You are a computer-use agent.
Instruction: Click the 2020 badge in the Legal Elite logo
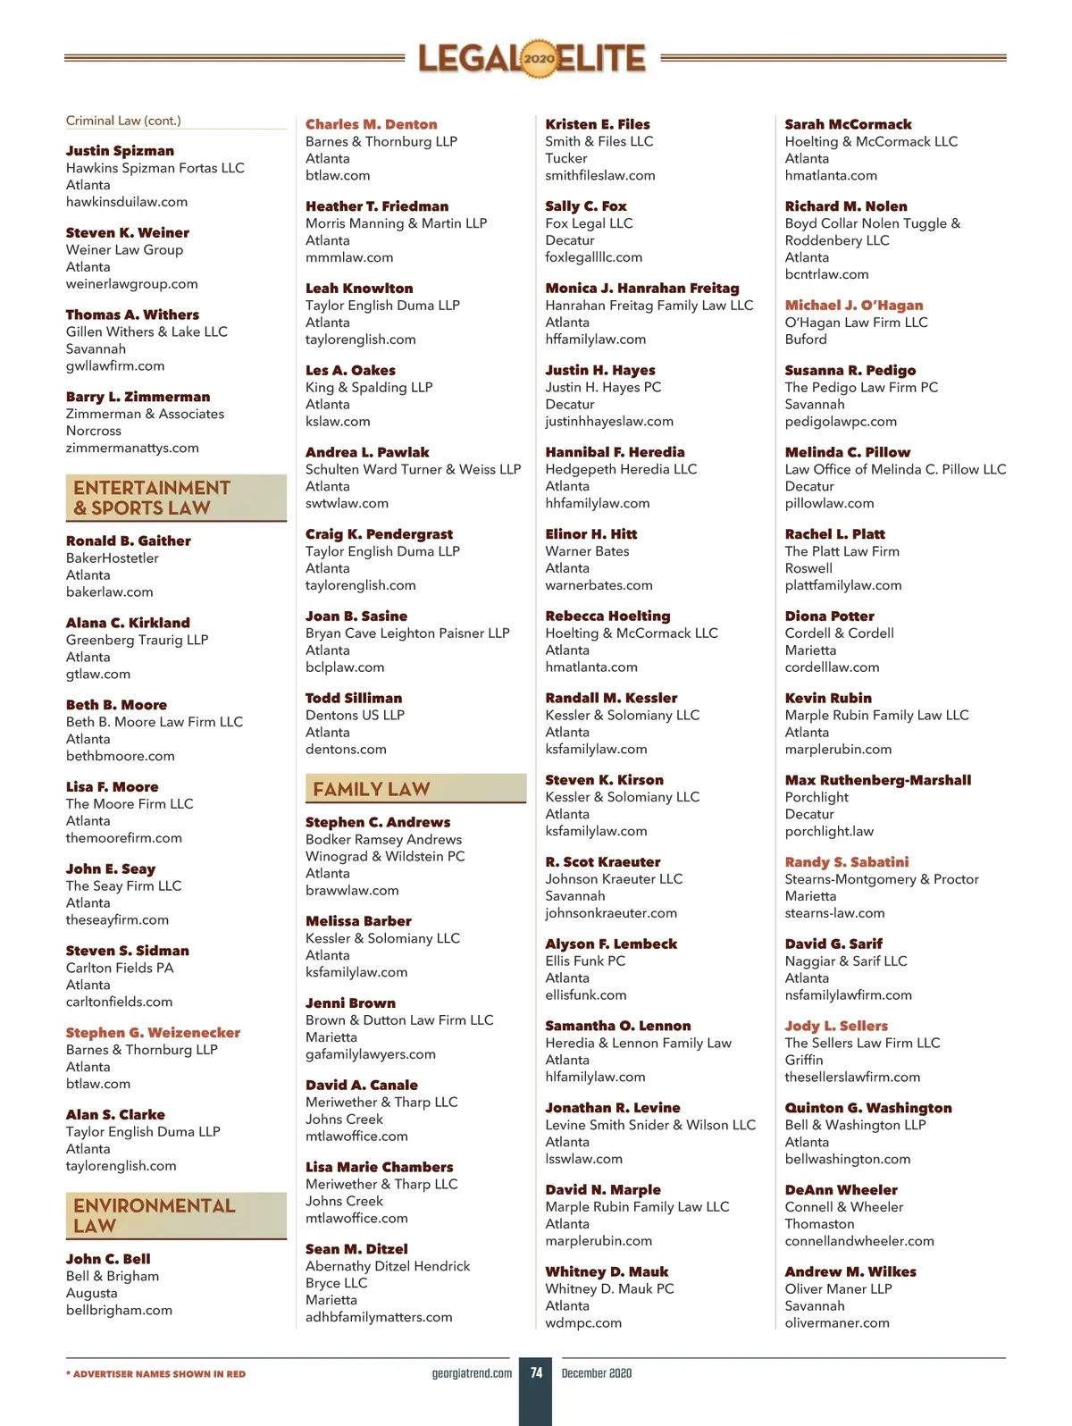point(539,59)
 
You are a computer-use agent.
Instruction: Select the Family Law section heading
point(372,789)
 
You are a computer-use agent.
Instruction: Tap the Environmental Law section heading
point(154,1215)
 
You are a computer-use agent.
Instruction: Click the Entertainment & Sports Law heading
point(152,498)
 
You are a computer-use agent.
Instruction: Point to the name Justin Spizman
point(120,151)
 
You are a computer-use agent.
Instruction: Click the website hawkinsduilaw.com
point(127,202)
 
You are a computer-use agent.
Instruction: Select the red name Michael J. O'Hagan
point(854,306)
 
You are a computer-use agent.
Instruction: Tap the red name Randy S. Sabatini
point(847,862)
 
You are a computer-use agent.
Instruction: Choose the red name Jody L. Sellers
point(836,1026)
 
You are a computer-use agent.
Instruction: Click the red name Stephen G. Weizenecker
point(153,1033)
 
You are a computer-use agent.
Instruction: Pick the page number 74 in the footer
point(536,1372)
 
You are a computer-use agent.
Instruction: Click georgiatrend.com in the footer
point(472,1373)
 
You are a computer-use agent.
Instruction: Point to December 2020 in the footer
point(597,1373)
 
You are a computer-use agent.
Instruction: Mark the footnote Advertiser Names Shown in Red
point(156,1374)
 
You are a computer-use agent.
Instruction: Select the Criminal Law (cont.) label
point(123,121)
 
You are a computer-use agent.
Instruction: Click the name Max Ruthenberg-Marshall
point(878,780)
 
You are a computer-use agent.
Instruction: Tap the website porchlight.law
point(829,832)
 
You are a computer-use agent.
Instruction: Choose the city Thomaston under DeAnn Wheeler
point(819,1224)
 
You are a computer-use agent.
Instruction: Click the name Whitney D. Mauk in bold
point(607,1271)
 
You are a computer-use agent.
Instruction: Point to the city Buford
point(806,340)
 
